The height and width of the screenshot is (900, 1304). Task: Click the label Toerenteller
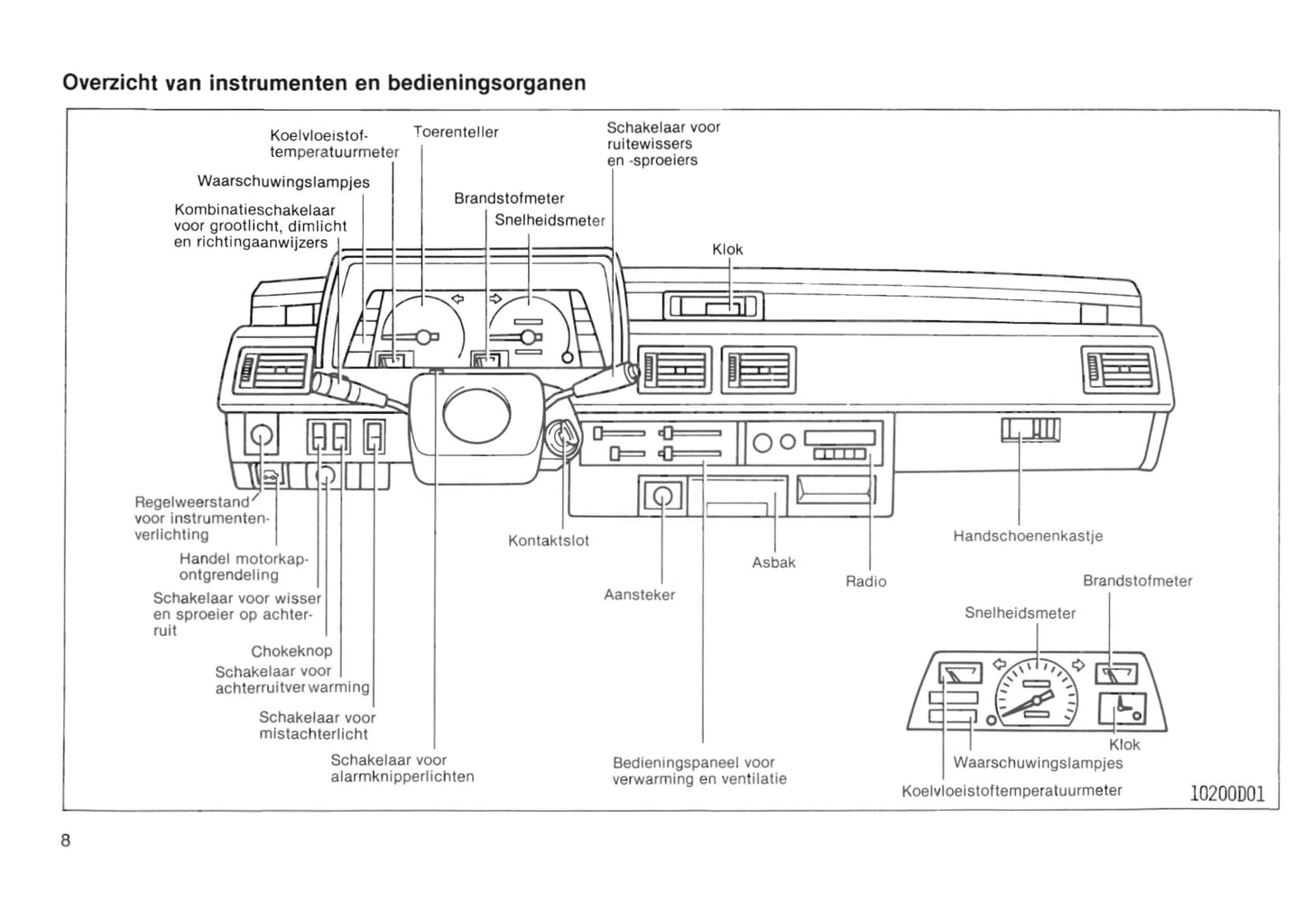(456, 133)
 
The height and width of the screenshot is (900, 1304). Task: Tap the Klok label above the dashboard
(727, 250)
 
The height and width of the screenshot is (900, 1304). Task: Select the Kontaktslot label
(549, 541)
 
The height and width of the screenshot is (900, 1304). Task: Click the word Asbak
(773, 563)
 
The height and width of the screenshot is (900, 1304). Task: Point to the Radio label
(865, 583)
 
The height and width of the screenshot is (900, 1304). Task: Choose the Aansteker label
(639, 595)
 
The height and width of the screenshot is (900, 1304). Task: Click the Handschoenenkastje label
(1027, 537)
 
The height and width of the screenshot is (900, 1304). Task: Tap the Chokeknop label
(291, 651)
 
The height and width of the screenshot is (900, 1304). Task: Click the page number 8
(66, 840)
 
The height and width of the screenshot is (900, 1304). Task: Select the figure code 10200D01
(1227, 794)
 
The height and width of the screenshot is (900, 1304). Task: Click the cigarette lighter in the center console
(663, 496)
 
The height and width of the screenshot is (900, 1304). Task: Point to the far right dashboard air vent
(1119, 369)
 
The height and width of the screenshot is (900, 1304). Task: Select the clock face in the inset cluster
(1123, 709)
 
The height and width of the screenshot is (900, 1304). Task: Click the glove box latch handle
(1030, 431)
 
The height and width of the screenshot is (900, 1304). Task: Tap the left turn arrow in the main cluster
(458, 299)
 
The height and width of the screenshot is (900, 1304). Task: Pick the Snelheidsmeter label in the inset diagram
(1020, 613)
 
